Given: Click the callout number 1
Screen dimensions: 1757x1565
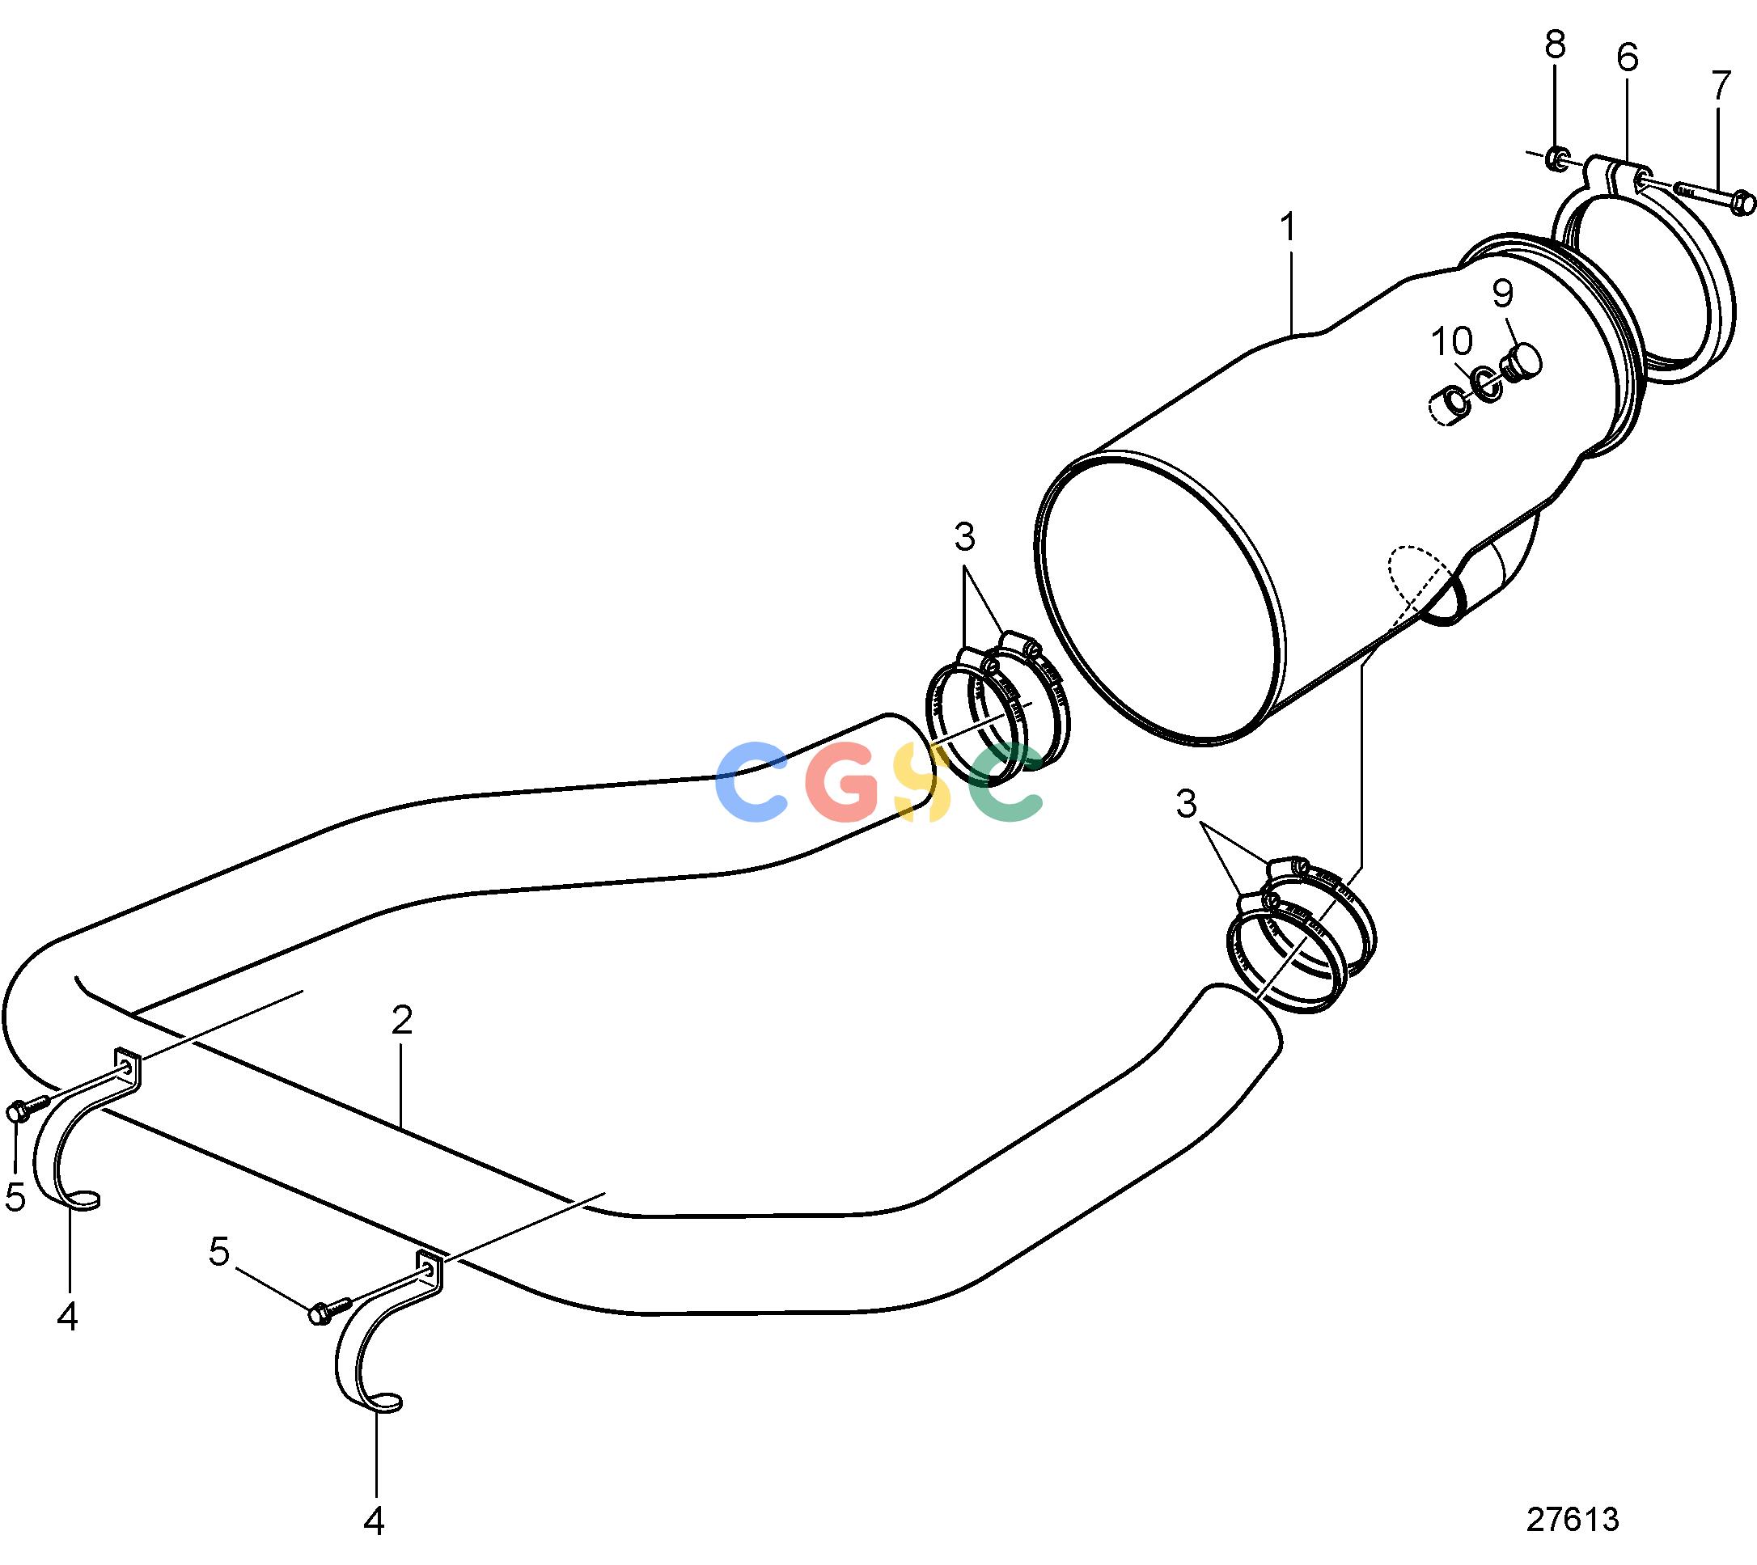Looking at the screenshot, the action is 1288,228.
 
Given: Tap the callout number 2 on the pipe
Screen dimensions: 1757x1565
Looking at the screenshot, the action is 401,1021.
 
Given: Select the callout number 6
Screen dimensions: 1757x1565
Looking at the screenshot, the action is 1627,57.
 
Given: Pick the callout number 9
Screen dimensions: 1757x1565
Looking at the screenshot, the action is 1501,294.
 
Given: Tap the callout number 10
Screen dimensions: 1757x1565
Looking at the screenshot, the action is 1452,342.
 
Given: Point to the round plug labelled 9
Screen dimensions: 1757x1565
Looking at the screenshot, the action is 1523,362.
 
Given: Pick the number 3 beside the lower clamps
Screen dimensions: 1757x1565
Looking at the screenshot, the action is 1186,805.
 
